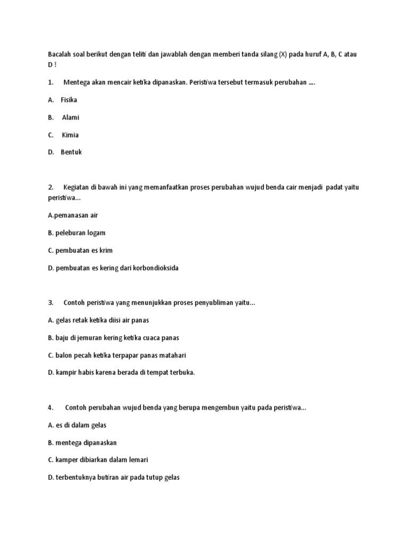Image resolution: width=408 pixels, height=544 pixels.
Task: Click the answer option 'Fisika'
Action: (69, 100)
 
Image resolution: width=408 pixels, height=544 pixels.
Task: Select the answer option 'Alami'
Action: (70, 117)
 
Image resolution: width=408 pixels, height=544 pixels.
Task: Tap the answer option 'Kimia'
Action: (70, 135)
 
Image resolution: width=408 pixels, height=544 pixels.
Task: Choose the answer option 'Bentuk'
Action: (72, 152)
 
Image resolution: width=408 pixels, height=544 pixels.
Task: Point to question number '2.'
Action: (51, 187)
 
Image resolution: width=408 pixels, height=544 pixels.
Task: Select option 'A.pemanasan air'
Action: (73, 215)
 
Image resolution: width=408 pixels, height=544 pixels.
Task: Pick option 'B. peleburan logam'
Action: (76, 233)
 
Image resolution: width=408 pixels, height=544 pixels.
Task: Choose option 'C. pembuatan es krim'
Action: (80, 250)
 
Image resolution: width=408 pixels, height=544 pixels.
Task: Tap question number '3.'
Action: (51, 303)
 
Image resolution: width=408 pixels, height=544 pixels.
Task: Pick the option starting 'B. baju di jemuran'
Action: (113, 338)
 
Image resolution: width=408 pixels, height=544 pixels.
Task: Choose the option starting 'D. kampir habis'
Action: (121, 372)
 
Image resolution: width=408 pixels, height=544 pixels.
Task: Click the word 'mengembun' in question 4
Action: (223, 407)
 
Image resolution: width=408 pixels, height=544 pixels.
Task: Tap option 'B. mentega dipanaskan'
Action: (82, 443)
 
